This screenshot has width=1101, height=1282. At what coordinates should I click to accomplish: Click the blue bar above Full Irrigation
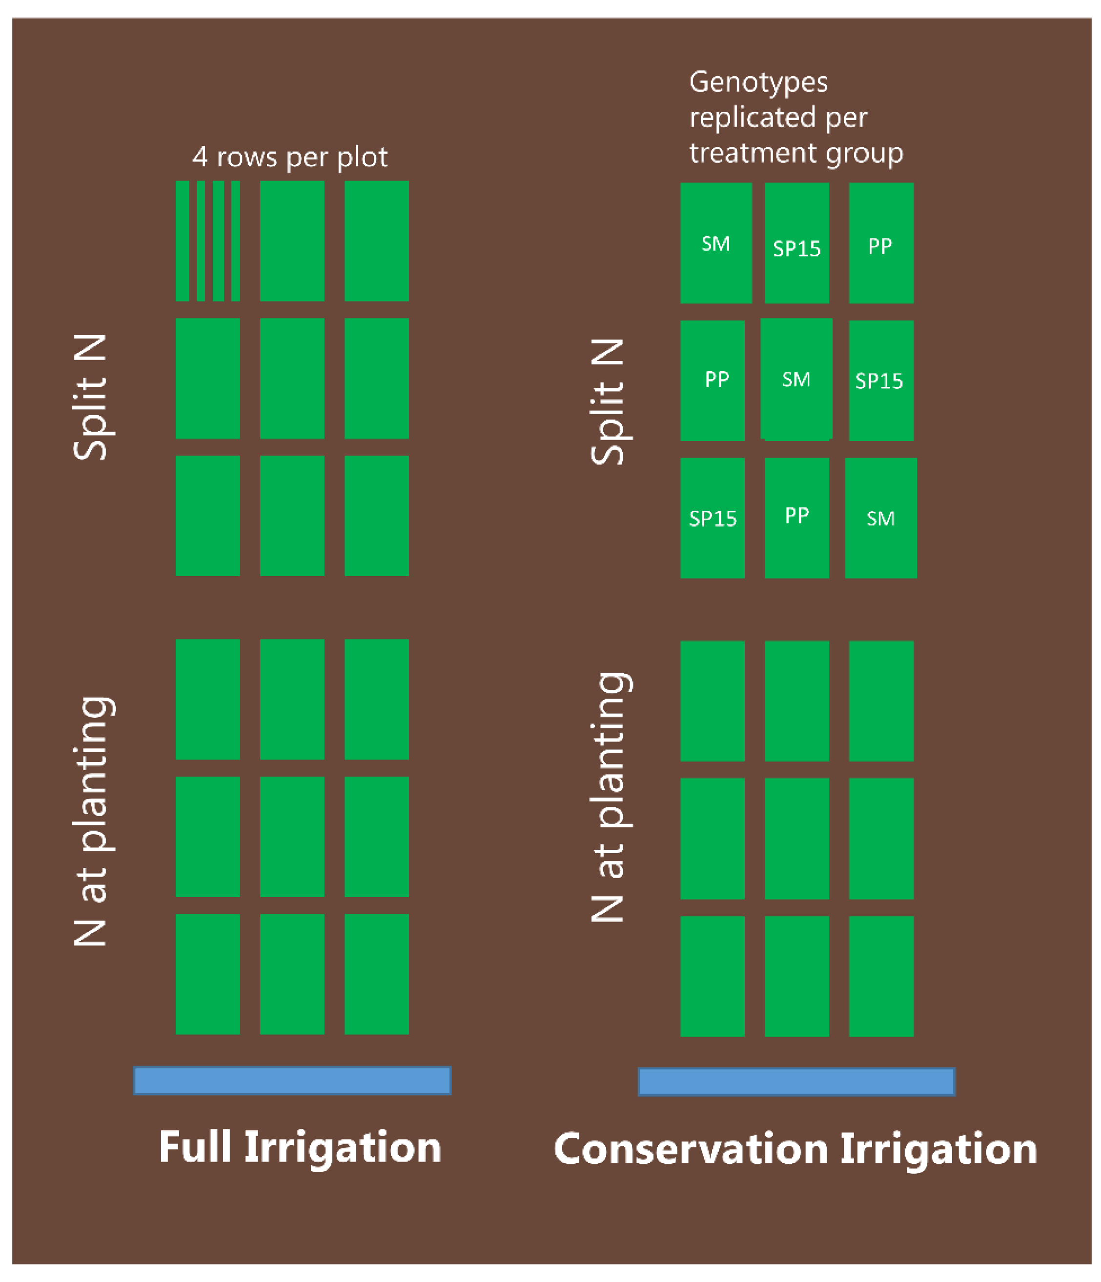292,1081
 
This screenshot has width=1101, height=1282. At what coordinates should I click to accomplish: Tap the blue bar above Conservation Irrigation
796,1082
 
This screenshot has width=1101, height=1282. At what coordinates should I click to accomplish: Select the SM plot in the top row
716,242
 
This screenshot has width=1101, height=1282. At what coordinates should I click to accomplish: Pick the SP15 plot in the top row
796,242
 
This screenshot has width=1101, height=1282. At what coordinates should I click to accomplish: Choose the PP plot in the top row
881,242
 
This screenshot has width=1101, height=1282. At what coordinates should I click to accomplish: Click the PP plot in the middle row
713,381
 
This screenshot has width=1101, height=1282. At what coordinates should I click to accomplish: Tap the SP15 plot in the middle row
881,381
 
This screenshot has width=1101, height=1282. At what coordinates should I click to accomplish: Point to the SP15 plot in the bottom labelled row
713,518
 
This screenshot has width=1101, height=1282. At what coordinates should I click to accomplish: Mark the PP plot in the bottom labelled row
796,518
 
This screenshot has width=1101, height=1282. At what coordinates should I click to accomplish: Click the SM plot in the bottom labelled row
881,518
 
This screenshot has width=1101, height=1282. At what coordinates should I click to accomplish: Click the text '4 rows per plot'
289,157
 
